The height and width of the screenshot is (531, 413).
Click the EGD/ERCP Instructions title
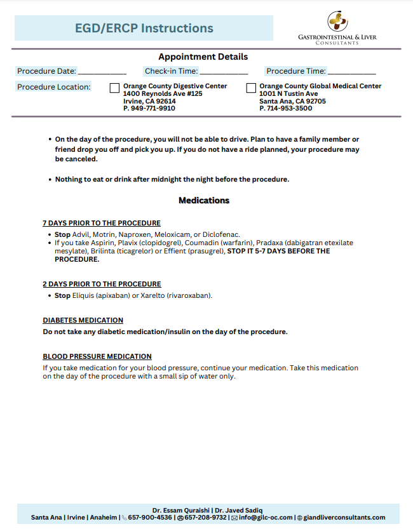point(144,29)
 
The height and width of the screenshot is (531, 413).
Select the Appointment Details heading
point(203,57)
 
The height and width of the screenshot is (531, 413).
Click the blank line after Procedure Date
point(102,72)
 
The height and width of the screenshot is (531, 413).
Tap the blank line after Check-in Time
point(224,72)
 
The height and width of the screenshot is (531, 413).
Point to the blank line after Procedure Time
point(351,72)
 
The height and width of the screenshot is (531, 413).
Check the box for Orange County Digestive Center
point(114,88)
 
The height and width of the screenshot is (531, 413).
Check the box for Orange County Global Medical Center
point(251,88)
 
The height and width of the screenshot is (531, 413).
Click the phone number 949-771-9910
point(152,109)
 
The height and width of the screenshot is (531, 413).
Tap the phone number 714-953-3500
point(289,109)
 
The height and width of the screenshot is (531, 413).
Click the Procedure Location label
point(54,87)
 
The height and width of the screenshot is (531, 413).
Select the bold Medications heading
point(203,201)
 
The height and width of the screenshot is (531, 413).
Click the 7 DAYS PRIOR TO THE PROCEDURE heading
point(102,224)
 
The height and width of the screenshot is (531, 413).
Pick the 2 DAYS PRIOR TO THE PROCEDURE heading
point(102,284)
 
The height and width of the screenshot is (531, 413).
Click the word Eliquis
point(85,296)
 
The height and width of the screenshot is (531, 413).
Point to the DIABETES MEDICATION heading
point(83,320)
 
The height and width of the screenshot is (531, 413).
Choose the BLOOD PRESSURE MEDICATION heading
point(97,356)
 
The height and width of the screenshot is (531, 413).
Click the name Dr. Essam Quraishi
point(180,510)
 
